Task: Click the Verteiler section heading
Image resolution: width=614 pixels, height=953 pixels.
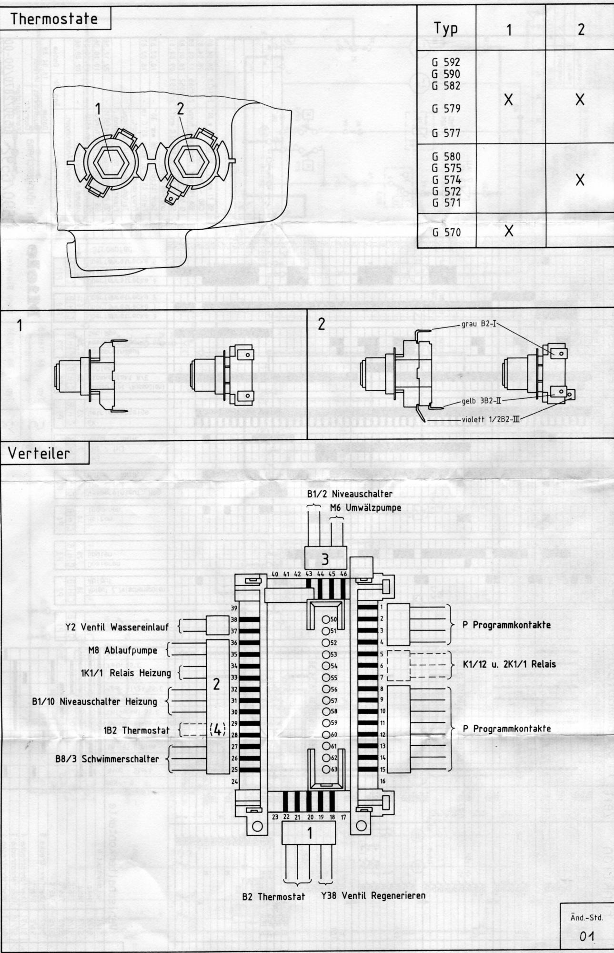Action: [39, 453]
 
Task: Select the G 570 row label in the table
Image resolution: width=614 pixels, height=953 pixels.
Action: [446, 233]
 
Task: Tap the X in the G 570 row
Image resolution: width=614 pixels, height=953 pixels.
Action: [509, 231]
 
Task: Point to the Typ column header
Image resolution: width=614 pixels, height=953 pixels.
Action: [446, 29]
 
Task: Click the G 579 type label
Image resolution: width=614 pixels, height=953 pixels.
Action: [446, 109]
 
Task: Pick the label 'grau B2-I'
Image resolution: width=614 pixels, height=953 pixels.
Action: [479, 324]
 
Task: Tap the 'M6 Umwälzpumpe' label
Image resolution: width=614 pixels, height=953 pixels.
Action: [365, 507]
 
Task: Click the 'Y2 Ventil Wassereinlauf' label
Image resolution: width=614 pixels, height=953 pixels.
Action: [117, 627]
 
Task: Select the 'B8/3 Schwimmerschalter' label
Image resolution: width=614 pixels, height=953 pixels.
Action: [106, 759]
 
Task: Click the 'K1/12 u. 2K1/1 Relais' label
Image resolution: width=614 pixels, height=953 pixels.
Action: [509, 664]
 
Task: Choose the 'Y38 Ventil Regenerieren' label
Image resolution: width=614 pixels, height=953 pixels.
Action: [373, 896]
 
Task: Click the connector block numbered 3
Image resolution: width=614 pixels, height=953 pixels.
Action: [325, 558]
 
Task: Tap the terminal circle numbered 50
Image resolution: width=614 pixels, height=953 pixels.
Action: [326, 620]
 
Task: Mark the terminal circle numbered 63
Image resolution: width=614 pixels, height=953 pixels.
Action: [326, 769]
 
